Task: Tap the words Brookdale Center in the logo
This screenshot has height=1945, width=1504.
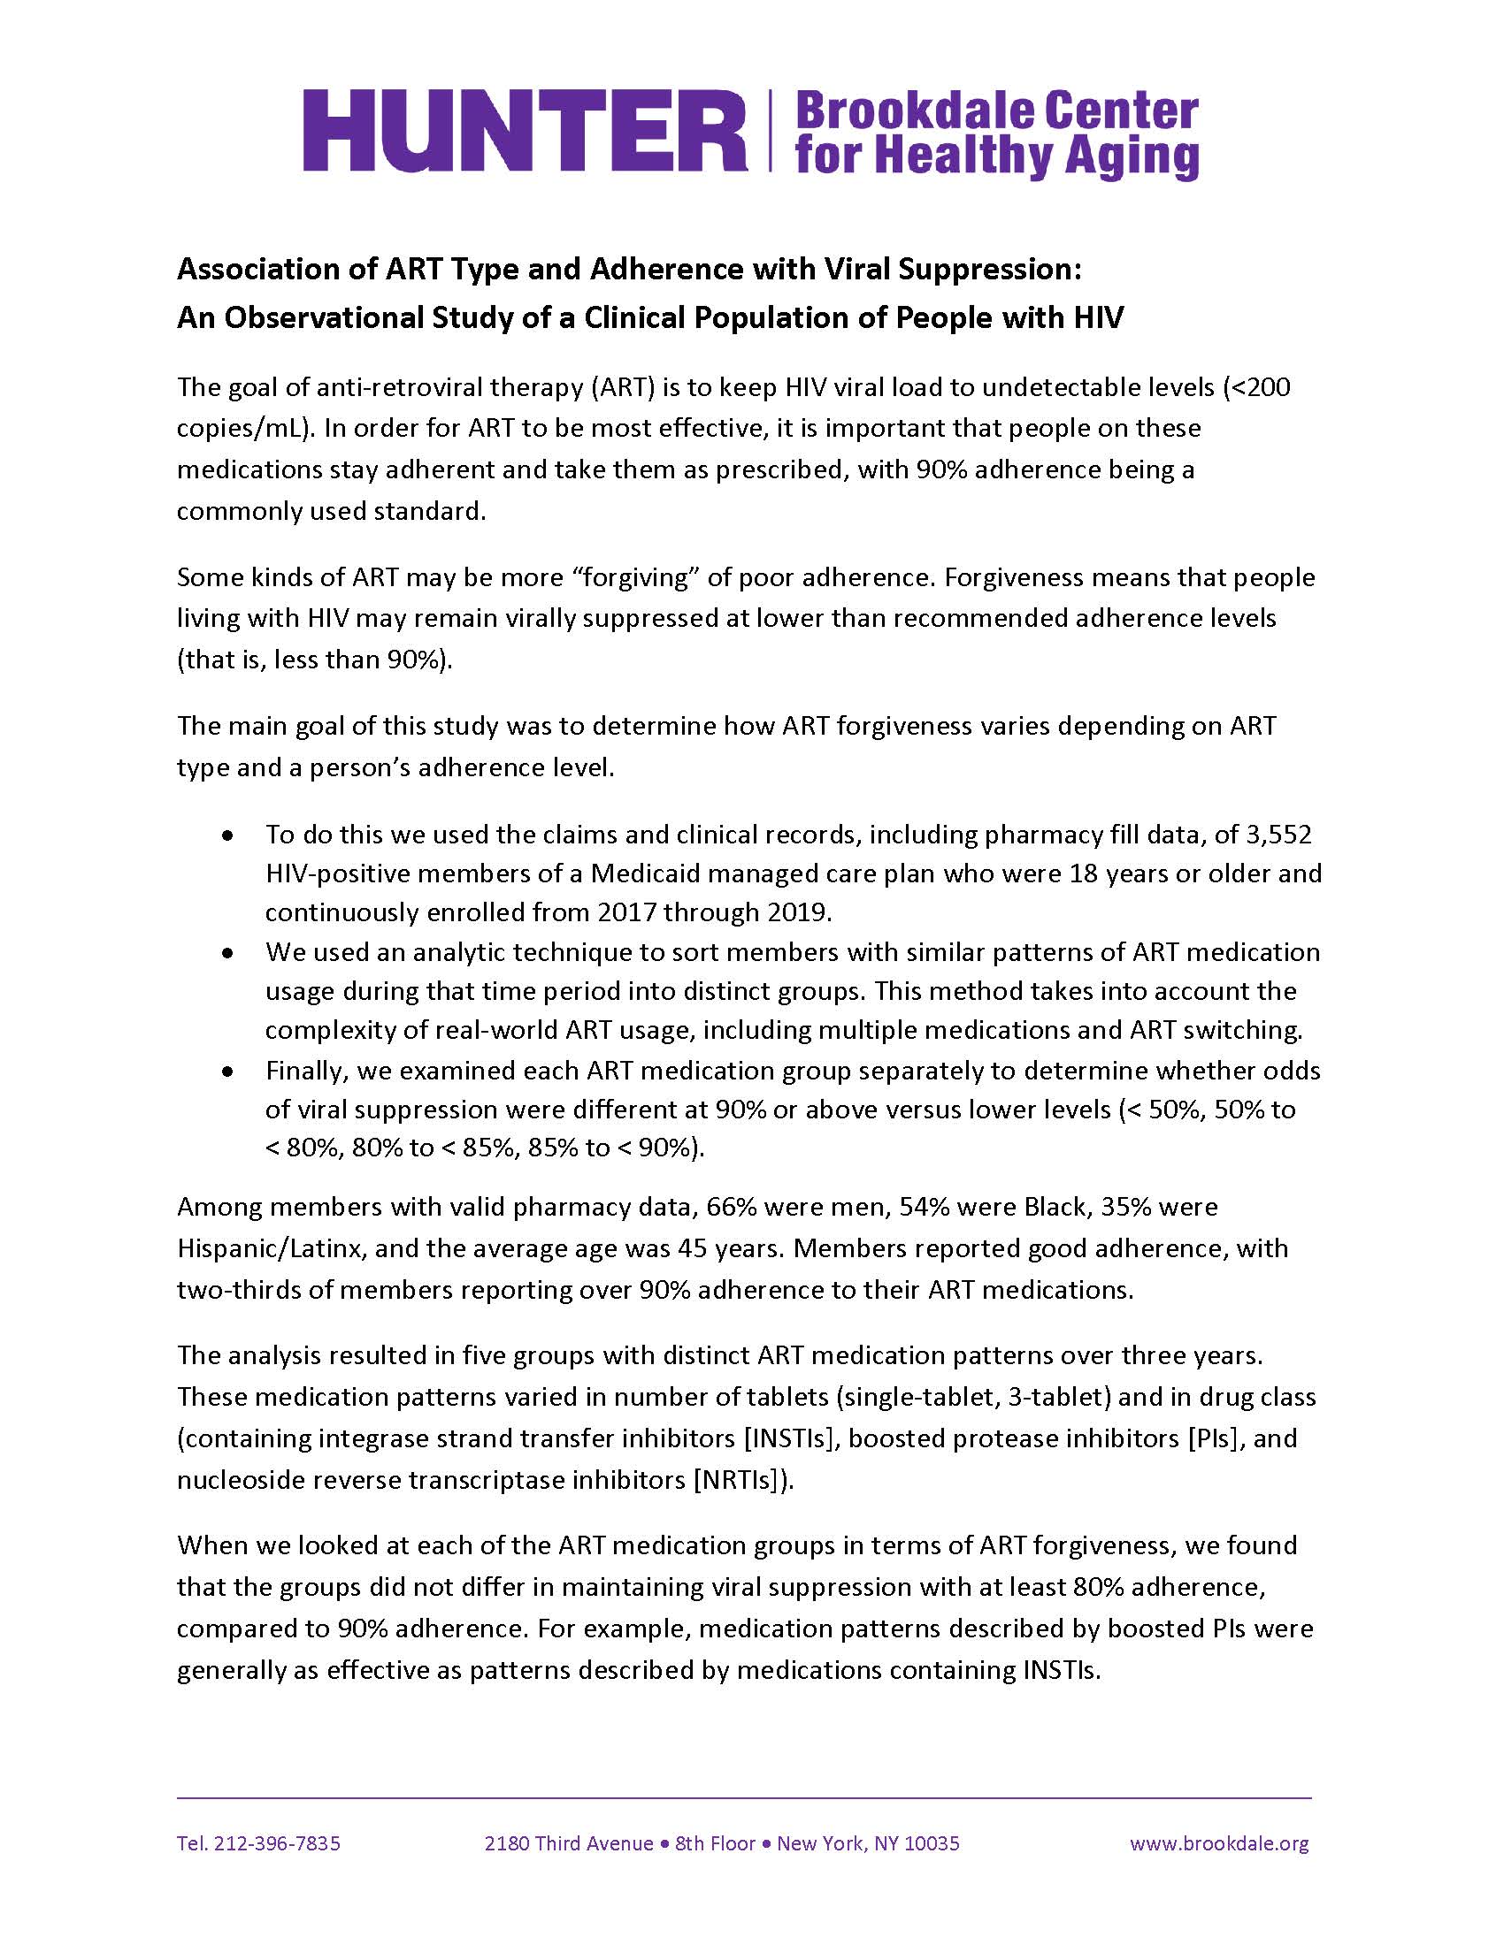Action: [995, 111]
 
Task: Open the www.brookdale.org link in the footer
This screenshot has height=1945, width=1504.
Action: [1219, 1842]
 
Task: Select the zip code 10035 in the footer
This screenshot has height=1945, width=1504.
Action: [931, 1842]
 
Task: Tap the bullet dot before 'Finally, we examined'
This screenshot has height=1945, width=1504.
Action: [229, 1072]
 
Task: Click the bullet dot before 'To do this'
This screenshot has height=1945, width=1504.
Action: [229, 836]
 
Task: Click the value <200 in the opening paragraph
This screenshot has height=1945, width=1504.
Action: [1257, 387]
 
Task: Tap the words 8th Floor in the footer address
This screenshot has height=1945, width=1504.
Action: [715, 1842]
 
